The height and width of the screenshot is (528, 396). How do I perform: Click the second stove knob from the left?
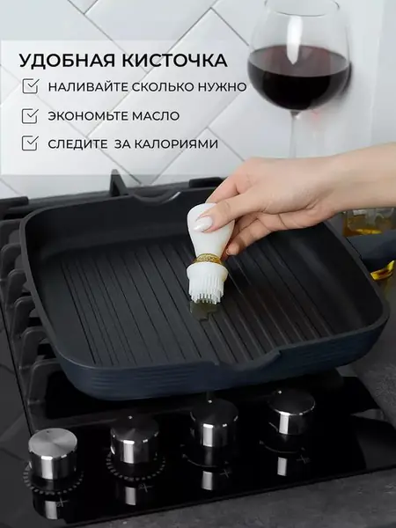pos(134,437)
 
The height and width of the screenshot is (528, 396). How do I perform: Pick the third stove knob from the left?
pos(213,422)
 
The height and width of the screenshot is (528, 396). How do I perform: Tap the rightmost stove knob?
pos(291,410)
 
